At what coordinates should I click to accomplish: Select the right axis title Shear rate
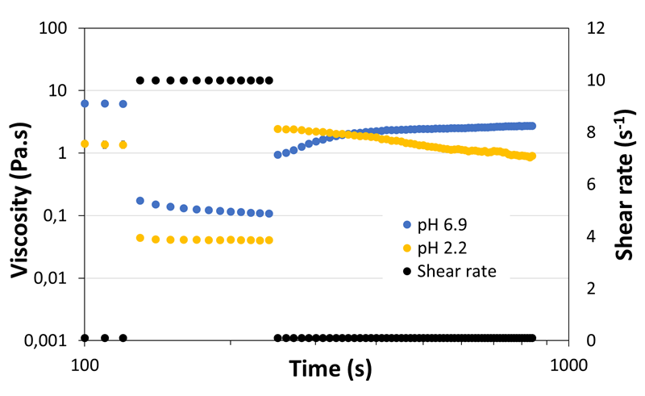coord(624,183)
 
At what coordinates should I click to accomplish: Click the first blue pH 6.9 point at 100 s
coord(85,103)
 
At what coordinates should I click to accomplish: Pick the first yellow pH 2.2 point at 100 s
coord(85,144)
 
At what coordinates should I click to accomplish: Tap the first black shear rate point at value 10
coord(140,81)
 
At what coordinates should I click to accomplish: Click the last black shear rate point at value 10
coord(269,81)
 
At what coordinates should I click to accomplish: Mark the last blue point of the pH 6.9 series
coord(532,126)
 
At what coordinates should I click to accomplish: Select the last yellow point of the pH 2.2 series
coord(532,156)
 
